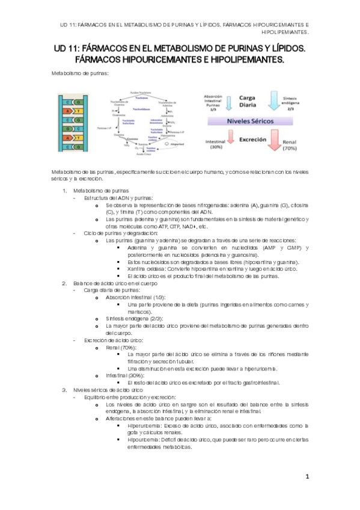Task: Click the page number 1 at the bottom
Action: click(307, 477)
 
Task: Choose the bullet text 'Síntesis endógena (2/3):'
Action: click(133, 318)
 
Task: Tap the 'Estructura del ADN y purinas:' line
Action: click(118, 198)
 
